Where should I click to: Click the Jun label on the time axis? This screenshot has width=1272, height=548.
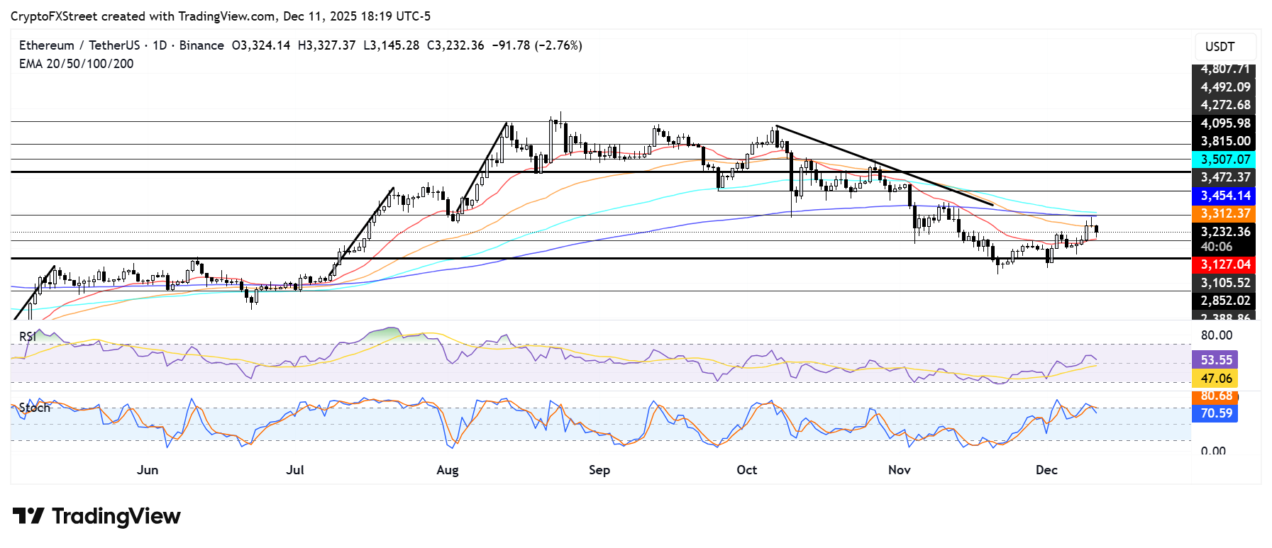[148, 470]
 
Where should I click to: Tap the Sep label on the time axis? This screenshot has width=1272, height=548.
[599, 470]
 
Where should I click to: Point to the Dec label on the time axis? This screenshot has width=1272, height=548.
[1046, 470]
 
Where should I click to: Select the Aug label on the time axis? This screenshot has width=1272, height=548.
[448, 470]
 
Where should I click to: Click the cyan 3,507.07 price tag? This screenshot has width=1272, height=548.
[1224, 160]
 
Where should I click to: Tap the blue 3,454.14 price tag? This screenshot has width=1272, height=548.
[1224, 196]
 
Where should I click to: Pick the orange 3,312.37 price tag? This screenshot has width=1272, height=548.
[1224, 213]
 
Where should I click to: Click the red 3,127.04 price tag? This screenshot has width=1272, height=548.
[1224, 264]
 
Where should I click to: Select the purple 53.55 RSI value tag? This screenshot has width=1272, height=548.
[1216, 360]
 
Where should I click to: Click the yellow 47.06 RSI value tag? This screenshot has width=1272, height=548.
[1216, 379]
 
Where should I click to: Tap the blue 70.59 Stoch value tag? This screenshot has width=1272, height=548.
[1216, 413]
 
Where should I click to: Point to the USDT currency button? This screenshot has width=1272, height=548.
[1220, 47]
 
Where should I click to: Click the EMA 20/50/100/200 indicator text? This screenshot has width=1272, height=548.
[76, 64]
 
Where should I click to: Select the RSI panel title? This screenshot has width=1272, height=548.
[28, 336]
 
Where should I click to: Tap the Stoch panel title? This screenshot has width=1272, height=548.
[34, 408]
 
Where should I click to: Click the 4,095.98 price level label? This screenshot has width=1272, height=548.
[1224, 123]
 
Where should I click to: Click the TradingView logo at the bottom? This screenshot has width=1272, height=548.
[96, 516]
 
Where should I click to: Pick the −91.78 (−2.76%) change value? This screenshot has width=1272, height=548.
[537, 45]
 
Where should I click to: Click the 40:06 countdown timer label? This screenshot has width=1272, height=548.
[1216, 247]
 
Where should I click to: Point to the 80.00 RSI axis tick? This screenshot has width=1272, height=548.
[1216, 335]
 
